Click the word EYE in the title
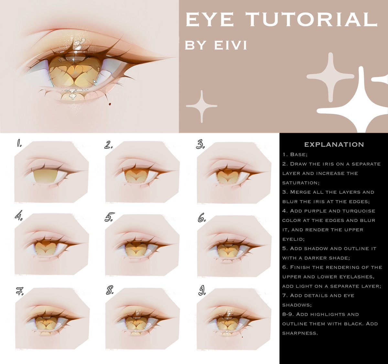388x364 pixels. pyautogui.click(x=210, y=19)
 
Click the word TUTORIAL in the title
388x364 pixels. pyautogui.click(x=311, y=19)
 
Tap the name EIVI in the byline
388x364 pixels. pyautogui.click(x=231, y=45)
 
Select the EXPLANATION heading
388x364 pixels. pyautogui.click(x=334, y=145)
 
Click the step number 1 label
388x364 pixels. pyautogui.click(x=19, y=143)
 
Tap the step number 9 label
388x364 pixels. pyautogui.click(x=202, y=290)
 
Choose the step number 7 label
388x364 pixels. pyautogui.click(x=20, y=291)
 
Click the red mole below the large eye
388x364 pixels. pyautogui.click(x=110, y=104)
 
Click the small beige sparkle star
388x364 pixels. pyautogui.click(x=202, y=106)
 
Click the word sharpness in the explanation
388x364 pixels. pyautogui.click(x=300, y=333)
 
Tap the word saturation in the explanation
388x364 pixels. pyautogui.click(x=301, y=183)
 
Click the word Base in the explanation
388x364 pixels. pyautogui.click(x=299, y=154)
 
